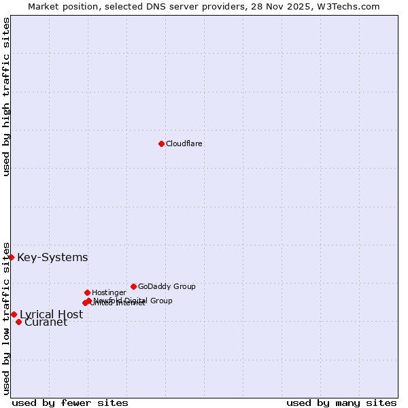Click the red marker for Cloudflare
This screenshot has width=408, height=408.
[161, 143]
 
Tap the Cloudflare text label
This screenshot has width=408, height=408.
[184, 143]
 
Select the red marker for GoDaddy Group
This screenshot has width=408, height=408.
[133, 286]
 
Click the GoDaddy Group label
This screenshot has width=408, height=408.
[167, 286]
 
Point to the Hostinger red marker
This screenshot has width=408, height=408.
[87, 292]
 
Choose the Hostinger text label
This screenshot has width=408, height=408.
[109, 292]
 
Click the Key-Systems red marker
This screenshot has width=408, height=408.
[12, 257]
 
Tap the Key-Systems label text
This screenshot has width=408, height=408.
[52, 257]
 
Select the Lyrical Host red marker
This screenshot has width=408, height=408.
[14, 314]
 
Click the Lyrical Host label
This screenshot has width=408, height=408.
[51, 314]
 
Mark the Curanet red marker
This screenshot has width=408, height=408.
[18, 322]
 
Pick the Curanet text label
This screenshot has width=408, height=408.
[46, 322]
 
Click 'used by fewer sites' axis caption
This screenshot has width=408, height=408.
[70, 403]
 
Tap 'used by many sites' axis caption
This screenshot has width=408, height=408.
[341, 403]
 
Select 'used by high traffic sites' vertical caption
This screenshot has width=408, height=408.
[6, 97]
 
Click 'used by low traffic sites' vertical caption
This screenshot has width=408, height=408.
[6, 318]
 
